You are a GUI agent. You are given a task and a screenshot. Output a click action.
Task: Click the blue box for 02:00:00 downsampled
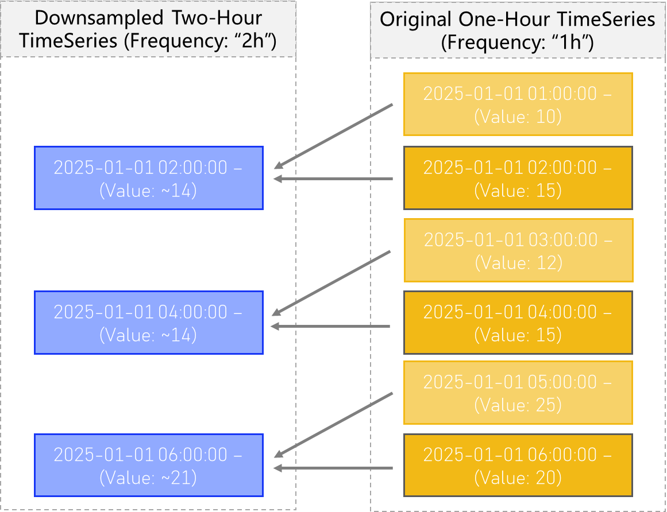149,178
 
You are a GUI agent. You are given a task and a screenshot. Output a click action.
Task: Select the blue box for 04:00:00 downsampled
149,323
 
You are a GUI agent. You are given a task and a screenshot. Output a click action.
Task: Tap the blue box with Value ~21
149,465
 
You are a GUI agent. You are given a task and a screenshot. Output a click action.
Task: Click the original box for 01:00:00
518,104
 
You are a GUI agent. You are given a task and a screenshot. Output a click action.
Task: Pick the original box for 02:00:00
518,178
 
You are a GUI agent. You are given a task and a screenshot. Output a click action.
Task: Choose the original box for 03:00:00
518,250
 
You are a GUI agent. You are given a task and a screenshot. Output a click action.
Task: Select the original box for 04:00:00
518,323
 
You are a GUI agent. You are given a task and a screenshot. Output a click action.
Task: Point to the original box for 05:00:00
518,393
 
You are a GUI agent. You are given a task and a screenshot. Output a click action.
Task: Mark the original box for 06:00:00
518,465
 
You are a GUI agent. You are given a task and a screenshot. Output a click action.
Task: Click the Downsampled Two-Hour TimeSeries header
148,29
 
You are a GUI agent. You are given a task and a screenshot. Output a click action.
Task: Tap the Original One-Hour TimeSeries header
518,30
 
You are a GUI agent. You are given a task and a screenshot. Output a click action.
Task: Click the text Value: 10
518,117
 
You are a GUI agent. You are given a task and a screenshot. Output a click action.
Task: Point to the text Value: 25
518,405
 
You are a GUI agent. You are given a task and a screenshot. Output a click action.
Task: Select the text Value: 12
518,263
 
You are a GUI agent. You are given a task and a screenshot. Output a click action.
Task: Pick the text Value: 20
518,478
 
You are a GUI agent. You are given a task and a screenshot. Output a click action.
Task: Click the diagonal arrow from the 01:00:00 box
333,137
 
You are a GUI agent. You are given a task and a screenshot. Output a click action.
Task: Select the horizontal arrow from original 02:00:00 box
333,179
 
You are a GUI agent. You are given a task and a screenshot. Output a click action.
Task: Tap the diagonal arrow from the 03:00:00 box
331,282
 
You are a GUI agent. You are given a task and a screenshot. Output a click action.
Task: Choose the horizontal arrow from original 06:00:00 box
333,468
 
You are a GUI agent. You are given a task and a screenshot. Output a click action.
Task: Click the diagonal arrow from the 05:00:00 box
333,425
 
